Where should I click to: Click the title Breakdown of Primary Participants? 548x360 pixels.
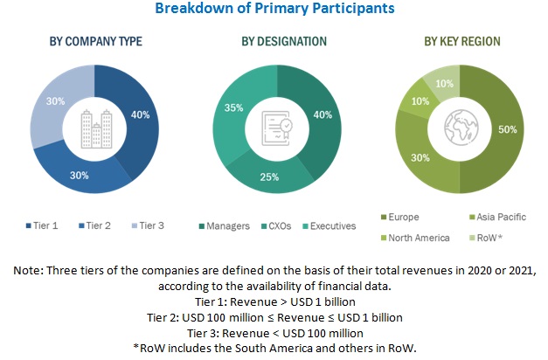tap(274, 9)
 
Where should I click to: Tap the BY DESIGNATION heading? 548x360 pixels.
tap(272, 41)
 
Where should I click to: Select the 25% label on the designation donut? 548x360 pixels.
tap(269, 177)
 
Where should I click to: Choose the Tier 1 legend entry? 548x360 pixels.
tap(45, 225)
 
